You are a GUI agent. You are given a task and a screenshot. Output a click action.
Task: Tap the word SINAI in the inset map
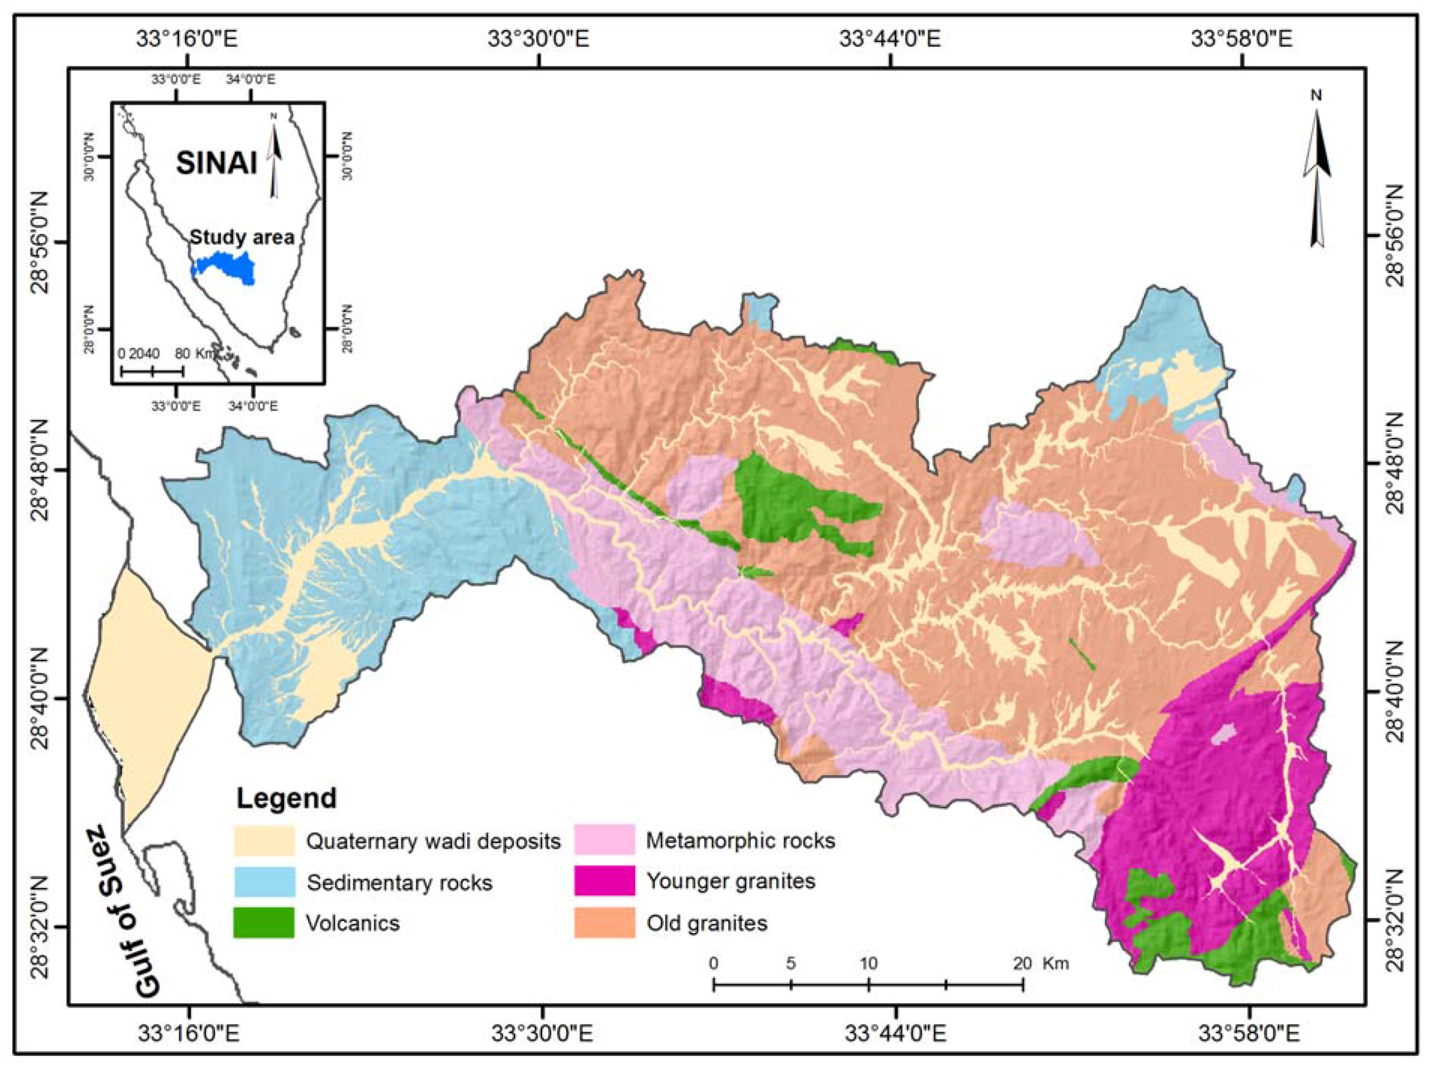click(x=217, y=164)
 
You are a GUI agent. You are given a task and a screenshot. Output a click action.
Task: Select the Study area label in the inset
click(x=242, y=237)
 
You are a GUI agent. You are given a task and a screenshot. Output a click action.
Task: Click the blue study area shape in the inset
click(x=224, y=267)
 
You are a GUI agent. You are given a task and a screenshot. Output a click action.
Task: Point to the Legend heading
click(x=286, y=798)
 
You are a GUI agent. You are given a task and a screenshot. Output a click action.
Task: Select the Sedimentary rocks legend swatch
click(x=264, y=881)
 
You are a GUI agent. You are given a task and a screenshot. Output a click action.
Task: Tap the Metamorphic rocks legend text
click(x=741, y=840)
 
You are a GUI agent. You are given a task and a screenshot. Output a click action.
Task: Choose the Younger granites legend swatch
click(x=604, y=881)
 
